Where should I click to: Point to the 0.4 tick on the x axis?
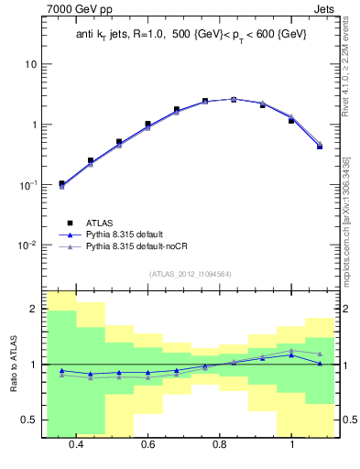pyautogui.click(x=76, y=444)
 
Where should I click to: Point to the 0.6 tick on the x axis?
pyautogui.click(x=147, y=444)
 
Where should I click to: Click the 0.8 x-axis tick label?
pyautogui.click(x=220, y=444)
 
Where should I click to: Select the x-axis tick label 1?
pyautogui.click(x=291, y=444)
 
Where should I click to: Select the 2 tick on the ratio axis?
pyautogui.click(x=33, y=310)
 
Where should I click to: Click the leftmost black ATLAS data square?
pyautogui.click(x=61, y=184)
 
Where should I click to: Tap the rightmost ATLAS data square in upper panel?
pyautogui.click(x=320, y=146)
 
